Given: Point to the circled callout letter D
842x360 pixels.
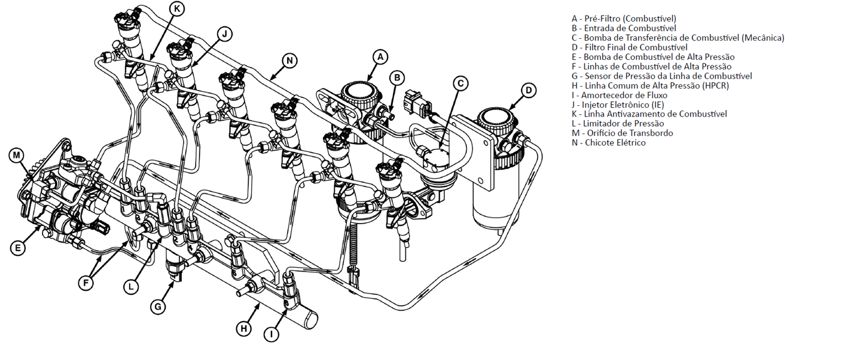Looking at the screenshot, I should point(529,91).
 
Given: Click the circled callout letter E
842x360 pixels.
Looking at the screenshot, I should point(19,247).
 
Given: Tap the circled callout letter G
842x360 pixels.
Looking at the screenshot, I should point(157,307).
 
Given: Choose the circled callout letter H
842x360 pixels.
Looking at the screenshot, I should point(243,328).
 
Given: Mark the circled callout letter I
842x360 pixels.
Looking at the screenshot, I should point(271,334).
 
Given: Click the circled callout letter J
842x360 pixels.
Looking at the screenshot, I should point(224,33).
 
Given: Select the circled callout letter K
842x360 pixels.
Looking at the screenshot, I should point(176,8).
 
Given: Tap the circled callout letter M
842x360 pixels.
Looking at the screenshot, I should point(17,155).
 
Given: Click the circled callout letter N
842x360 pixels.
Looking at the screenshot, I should point(289,60).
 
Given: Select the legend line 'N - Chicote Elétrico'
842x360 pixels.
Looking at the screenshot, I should point(609,143).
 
